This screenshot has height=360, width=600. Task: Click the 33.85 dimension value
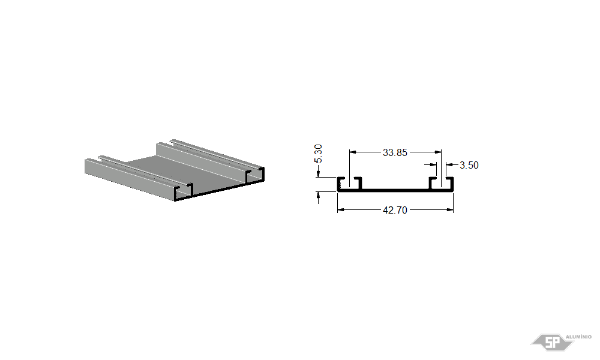395,152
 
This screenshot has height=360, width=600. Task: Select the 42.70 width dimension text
395,210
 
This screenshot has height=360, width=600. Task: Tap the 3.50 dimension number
469,165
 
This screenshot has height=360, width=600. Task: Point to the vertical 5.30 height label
318,154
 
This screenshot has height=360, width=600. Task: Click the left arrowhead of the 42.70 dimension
341,209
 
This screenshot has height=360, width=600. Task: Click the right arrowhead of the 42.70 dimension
450,209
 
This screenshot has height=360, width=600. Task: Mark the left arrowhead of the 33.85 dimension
353,152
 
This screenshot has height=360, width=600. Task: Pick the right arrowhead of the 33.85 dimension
438,152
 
